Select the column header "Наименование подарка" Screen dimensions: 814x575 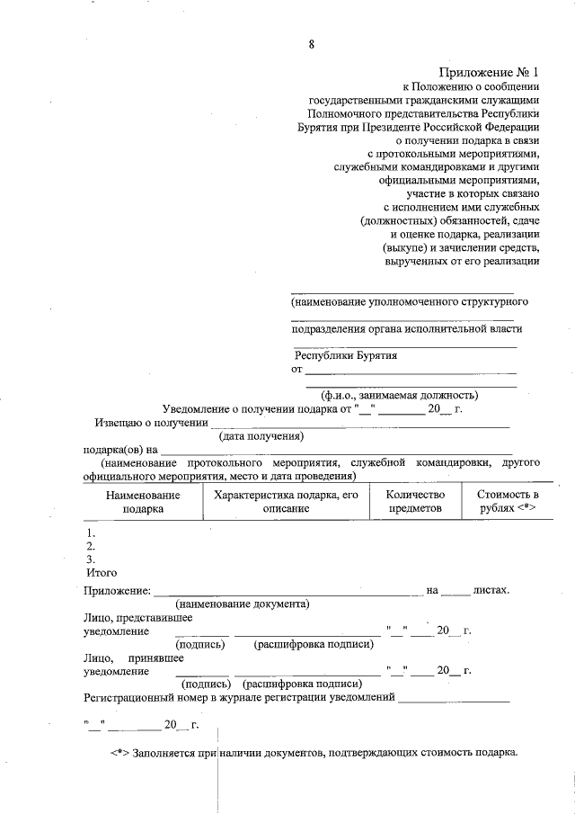tap(143, 501)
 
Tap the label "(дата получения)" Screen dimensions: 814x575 tap(261, 435)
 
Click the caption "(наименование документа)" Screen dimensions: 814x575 tap(243, 604)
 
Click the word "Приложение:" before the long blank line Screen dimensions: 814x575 tap(116, 591)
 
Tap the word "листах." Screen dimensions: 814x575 tap(491, 591)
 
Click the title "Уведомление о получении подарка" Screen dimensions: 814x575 tap(256, 409)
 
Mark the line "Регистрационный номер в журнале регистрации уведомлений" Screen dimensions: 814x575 tap(239, 697)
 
